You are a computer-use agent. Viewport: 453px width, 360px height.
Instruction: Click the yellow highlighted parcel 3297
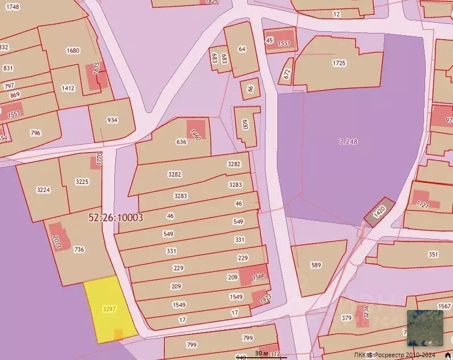(x=109, y=309)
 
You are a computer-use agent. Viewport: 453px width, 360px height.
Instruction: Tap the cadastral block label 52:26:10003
(x=115, y=217)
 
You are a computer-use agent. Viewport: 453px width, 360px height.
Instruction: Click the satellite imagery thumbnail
(x=425, y=328)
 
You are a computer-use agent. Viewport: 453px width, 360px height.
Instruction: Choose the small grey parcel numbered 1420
(x=379, y=212)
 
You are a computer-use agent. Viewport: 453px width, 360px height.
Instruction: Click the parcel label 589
(x=316, y=265)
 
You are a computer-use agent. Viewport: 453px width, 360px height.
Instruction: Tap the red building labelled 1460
(x=196, y=135)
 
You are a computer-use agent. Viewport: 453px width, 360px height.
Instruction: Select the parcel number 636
(x=182, y=142)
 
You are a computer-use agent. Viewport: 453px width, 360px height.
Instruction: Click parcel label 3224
(x=43, y=190)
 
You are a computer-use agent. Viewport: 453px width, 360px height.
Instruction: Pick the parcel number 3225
(x=82, y=182)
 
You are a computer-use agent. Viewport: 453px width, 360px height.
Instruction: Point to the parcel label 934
(x=112, y=120)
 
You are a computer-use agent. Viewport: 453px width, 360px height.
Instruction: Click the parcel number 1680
(x=73, y=51)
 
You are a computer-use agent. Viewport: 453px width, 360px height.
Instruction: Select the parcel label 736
(x=79, y=249)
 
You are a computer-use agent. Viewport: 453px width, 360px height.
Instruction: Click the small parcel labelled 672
(x=287, y=73)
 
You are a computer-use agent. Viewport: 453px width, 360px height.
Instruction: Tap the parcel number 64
(x=242, y=49)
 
